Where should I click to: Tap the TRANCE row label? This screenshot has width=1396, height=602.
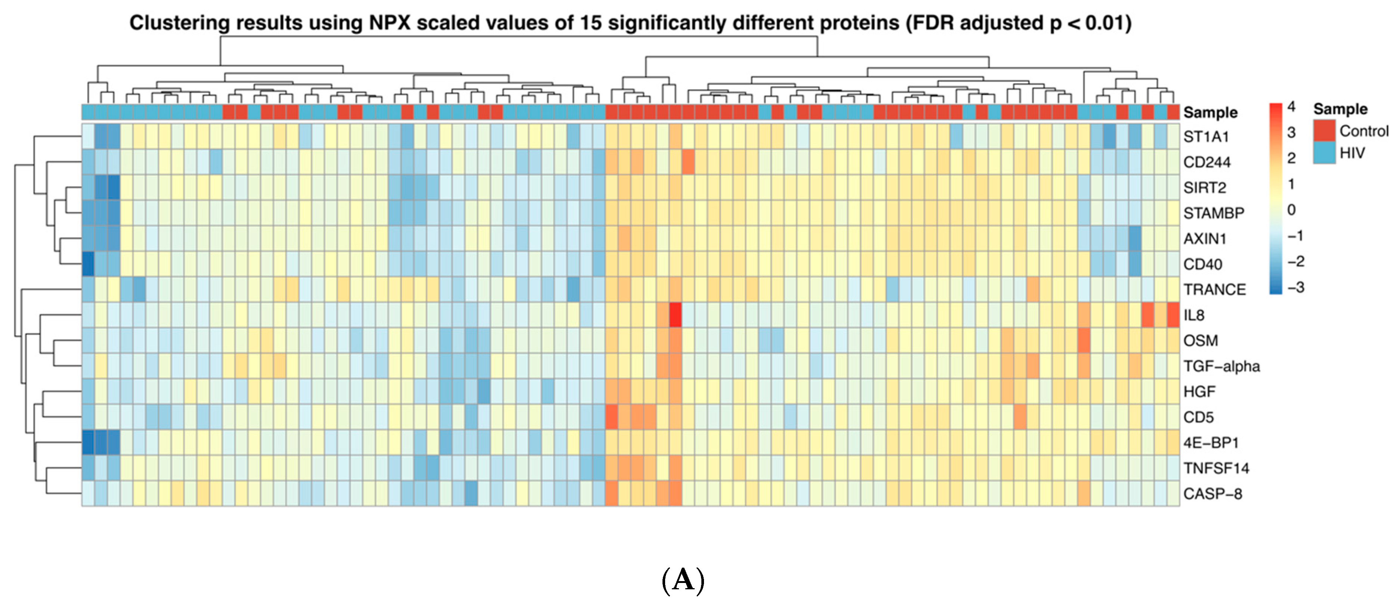(x=1214, y=289)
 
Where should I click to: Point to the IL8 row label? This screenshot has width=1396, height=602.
(x=1193, y=315)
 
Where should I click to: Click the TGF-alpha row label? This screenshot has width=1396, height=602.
(x=1221, y=366)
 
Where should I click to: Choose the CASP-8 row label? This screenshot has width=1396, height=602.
(x=1212, y=494)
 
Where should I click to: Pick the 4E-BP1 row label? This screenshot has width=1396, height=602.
(x=1211, y=443)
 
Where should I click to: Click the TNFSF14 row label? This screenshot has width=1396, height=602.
(x=1216, y=468)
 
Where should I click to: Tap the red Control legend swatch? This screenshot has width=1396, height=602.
(x=1324, y=131)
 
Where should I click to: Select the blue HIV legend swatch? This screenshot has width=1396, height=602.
(x=1324, y=153)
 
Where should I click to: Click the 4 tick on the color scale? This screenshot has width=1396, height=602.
(x=1291, y=107)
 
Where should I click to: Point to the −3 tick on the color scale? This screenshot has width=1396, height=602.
(x=1295, y=287)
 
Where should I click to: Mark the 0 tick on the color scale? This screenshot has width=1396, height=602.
(x=1291, y=210)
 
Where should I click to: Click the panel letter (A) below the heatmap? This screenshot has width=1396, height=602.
(x=683, y=580)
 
